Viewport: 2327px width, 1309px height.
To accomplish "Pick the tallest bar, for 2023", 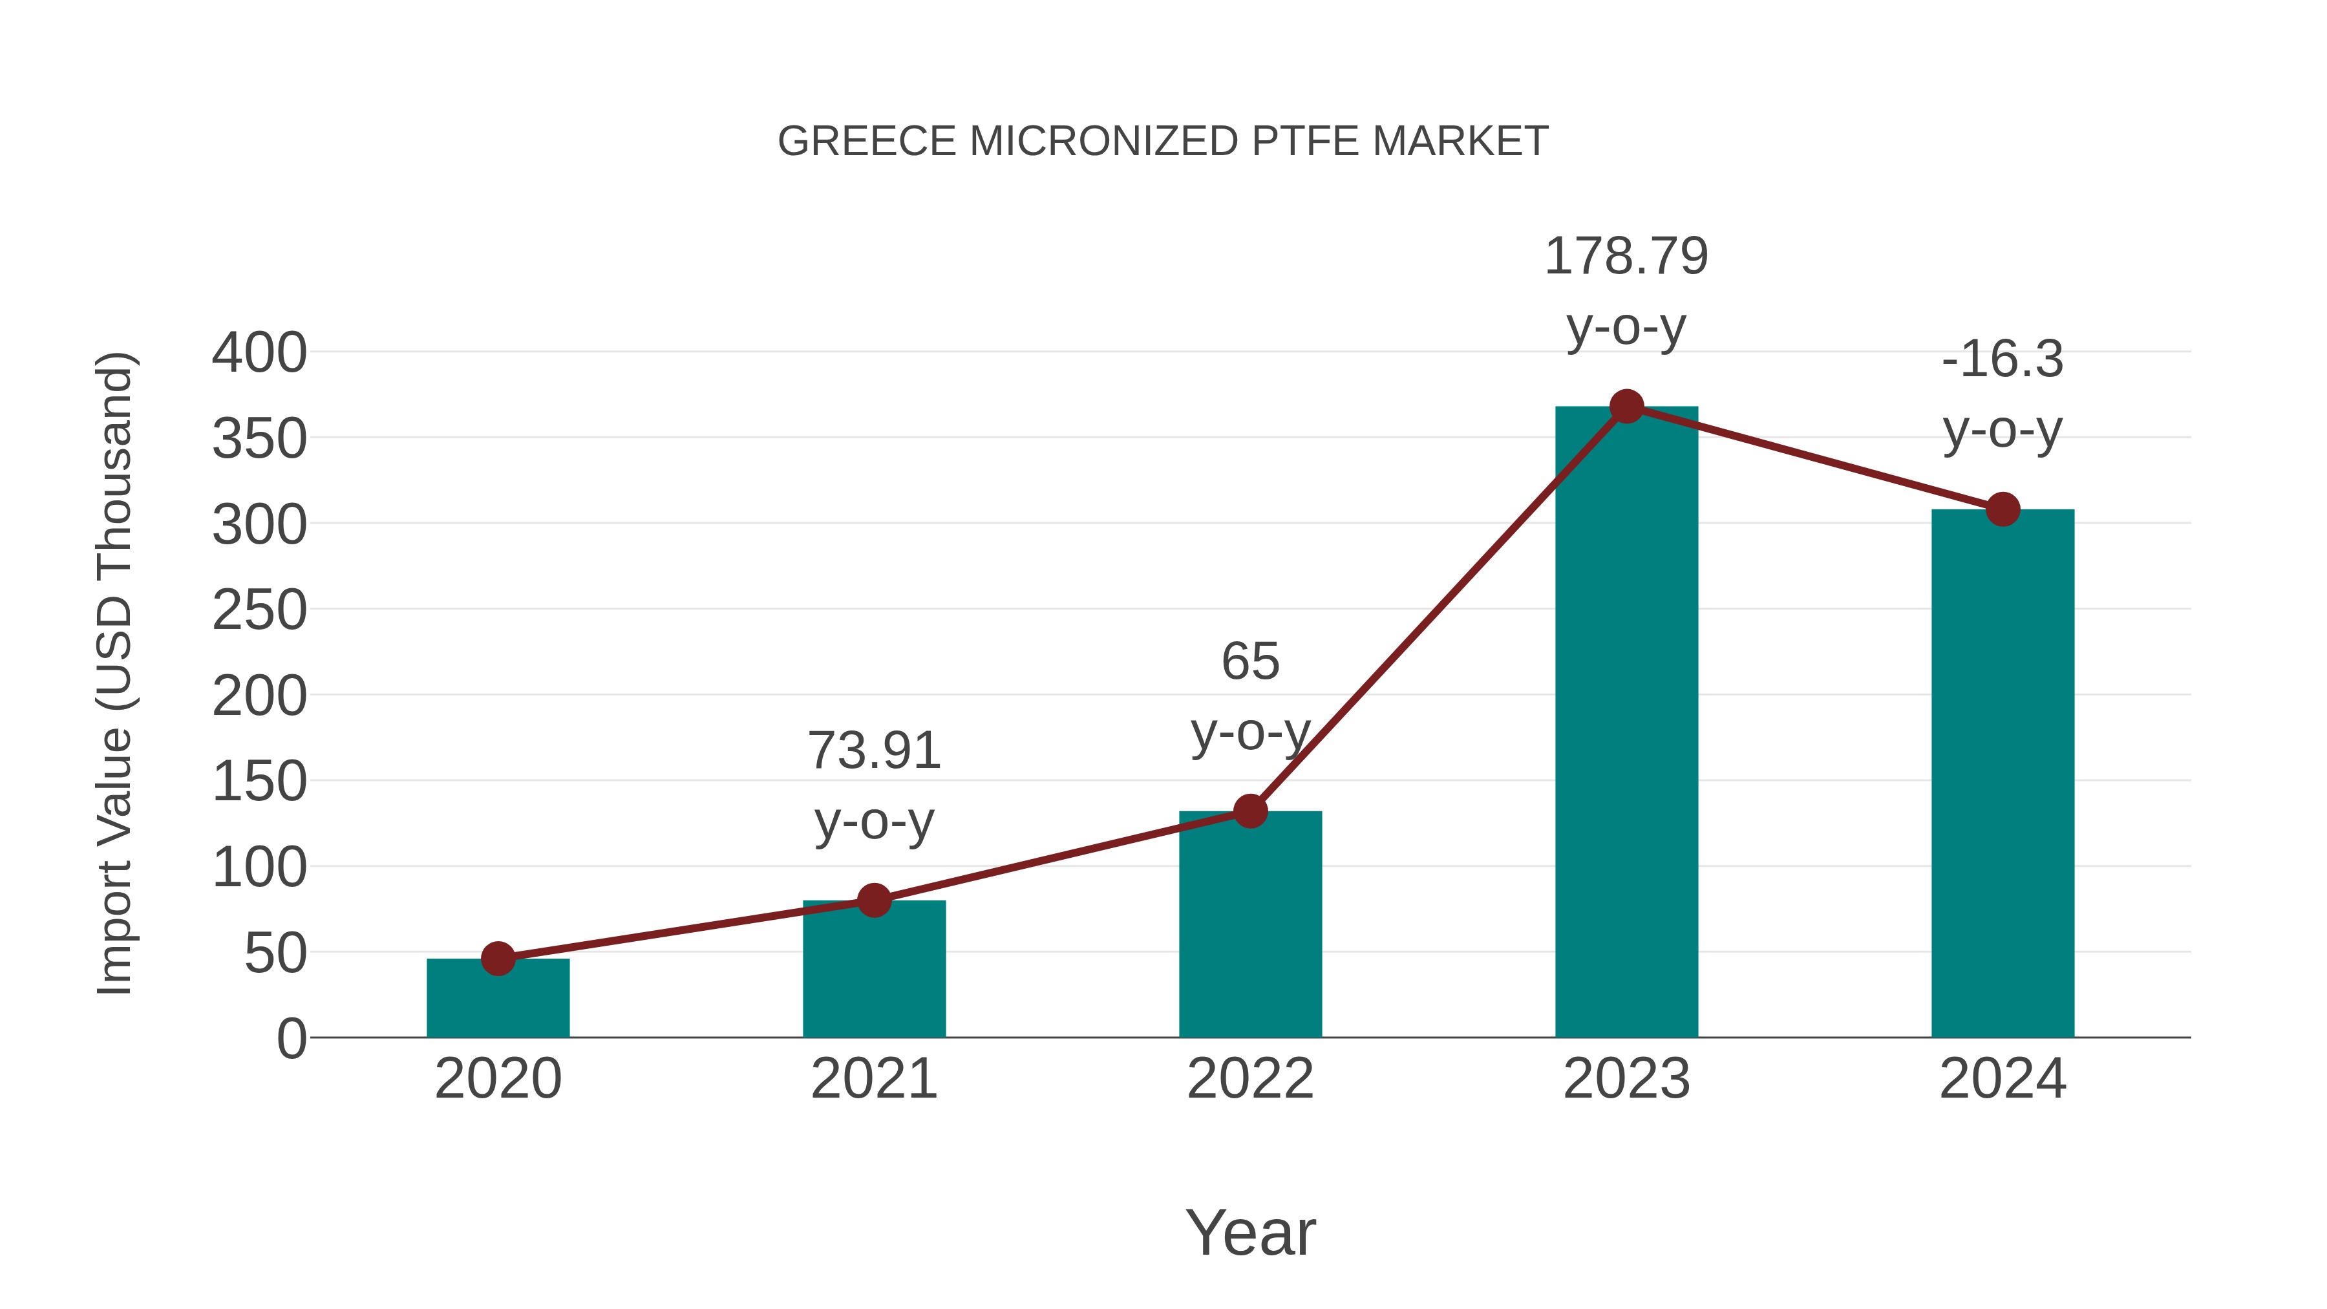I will click(x=1626, y=722).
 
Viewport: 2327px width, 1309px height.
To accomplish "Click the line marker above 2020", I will click(x=498, y=959).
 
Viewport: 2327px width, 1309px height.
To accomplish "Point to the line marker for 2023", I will click(x=1626, y=407).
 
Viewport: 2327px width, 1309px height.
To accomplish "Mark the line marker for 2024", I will click(x=2003, y=509).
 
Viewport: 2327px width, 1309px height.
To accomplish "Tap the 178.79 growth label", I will click(x=1626, y=257).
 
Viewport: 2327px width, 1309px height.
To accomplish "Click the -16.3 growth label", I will click(x=2003, y=359).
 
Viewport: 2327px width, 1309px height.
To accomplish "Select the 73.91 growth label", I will click(x=873, y=750).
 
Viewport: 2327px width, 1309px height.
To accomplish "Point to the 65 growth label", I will click(x=1250, y=661).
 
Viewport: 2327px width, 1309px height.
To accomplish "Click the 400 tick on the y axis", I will click(x=259, y=352).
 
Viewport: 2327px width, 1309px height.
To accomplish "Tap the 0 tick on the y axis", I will click(x=291, y=1038).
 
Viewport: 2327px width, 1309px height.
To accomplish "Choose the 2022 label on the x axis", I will click(x=1250, y=1079).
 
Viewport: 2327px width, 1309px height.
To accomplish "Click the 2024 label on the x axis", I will click(x=2003, y=1079).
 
